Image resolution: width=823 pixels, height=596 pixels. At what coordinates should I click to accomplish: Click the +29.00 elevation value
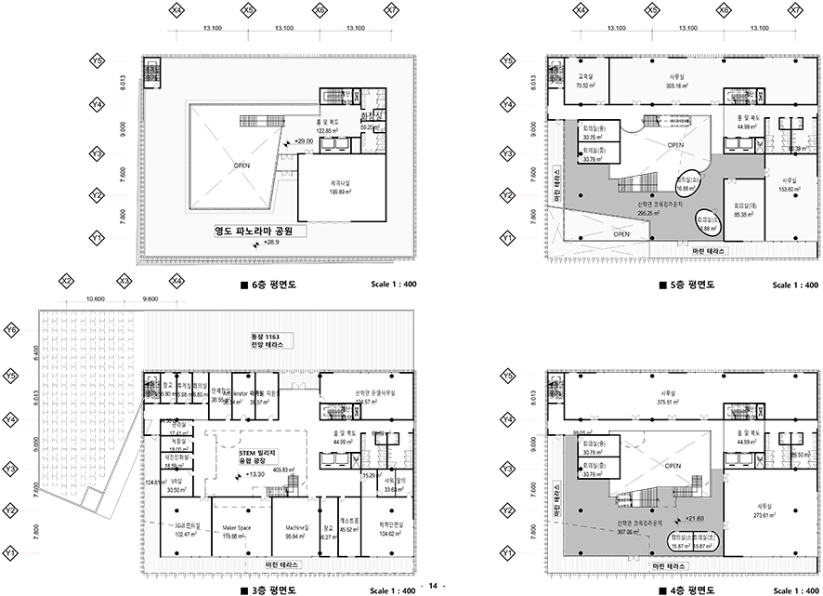(304, 140)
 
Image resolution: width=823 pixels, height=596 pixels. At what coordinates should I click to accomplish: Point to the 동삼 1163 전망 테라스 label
(265, 339)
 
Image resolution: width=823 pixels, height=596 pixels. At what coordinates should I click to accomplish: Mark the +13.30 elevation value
(256, 473)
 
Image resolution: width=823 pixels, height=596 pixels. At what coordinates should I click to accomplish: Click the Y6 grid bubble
(12, 330)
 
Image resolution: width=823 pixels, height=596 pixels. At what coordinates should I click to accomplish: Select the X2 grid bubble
(66, 280)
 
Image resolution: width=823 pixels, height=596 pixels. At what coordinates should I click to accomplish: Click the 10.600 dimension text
(95, 298)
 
